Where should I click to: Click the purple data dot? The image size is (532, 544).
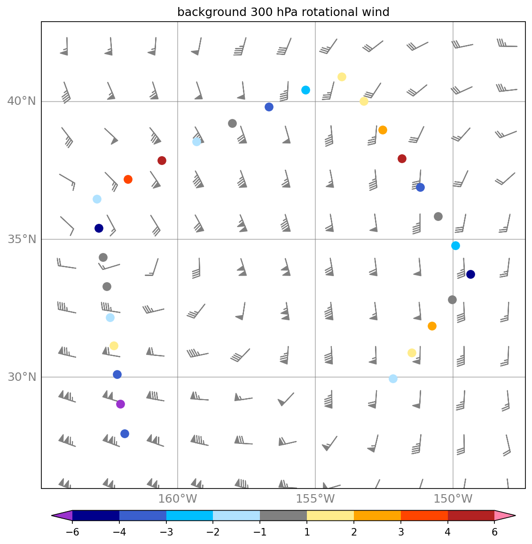tap(120, 404)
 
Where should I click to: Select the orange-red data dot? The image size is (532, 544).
tap(128, 179)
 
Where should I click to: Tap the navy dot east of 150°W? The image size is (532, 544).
tap(470, 274)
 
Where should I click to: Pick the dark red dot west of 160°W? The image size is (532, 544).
tap(162, 160)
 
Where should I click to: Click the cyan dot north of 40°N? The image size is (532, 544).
tap(305, 90)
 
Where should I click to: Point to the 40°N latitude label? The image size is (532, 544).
tap(22, 101)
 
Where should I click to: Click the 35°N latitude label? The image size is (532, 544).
tap(22, 239)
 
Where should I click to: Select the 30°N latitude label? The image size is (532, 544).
tap(22, 377)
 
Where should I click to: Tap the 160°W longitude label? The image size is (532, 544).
tap(177, 499)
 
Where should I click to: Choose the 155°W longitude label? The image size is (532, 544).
tap(315, 499)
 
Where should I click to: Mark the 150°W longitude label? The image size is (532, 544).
tap(453, 499)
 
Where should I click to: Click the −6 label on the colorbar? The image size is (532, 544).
tap(72, 533)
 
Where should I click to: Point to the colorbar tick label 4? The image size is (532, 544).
tap(447, 533)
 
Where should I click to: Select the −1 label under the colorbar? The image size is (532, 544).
tap(260, 533)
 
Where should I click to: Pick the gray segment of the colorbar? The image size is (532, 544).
tap(283, 516)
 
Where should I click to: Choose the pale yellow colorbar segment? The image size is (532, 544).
tap(330, 516)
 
